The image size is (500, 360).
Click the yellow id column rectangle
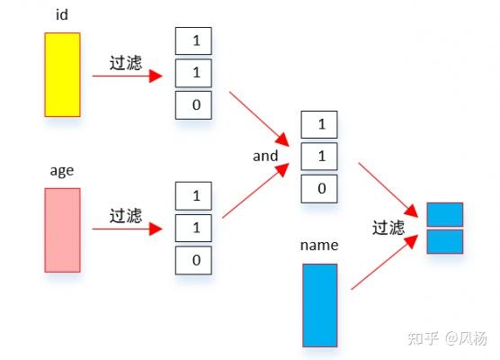62,75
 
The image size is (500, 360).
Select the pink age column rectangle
62,229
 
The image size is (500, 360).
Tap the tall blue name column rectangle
319,304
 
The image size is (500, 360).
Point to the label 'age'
61,170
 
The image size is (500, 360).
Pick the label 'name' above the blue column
319,245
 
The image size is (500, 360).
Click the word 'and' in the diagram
265,156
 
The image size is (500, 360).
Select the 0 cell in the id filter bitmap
193,105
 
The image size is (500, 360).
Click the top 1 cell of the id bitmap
193,40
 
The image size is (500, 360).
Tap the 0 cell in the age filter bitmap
193,260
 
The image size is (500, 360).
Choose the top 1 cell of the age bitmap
193,195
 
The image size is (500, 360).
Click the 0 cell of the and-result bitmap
320,188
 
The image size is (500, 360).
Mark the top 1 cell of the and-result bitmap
320,123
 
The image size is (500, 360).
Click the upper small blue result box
444,214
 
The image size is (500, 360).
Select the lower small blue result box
444,241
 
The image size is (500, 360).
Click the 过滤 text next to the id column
125,62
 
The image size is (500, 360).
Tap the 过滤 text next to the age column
125,216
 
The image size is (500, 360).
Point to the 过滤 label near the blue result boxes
388,228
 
